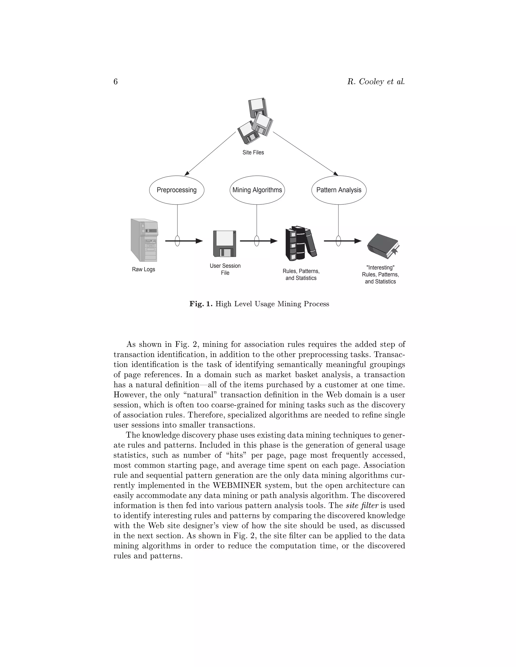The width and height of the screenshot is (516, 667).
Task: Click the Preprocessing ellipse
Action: click(x=176, y=190)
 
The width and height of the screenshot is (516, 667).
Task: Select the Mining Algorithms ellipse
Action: click(x=257, y=190)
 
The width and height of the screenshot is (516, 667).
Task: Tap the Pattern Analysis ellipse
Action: click(x=339, y=190)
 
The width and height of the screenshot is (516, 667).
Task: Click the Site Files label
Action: click(x=253, y=152)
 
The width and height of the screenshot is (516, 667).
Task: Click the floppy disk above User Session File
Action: click(x=225, y=243)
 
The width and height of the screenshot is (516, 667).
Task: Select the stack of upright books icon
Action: click(x=301, y=243)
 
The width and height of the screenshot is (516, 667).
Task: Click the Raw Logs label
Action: click(x=143, y=269)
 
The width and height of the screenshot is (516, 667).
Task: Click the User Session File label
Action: click(x=225, y=269)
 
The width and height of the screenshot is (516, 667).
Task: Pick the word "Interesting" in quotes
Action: click(x=380, y=268)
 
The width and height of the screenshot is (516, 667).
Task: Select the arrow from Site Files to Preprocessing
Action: click(x=210, y=154)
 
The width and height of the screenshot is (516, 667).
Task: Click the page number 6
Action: click(x=116, y=82)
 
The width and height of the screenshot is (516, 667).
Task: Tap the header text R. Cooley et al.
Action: click(x=376, y=82)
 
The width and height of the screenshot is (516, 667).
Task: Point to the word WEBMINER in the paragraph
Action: click(x=237, y=485)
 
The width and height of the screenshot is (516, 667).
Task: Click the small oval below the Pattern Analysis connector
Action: click(x=338, y=241)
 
